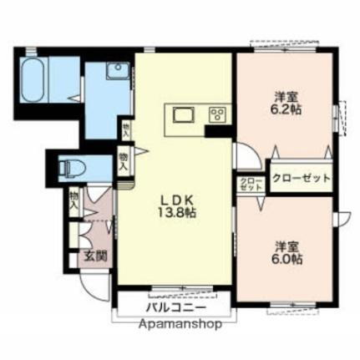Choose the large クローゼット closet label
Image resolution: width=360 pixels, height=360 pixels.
tap(300, 178)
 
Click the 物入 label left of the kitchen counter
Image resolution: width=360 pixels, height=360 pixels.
tap(126, 129)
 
